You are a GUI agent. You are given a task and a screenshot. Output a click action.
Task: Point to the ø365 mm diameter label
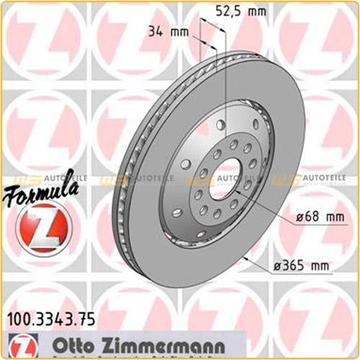[x=302, y=266]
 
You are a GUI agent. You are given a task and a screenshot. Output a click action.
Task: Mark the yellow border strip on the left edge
[x=2, y=180]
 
